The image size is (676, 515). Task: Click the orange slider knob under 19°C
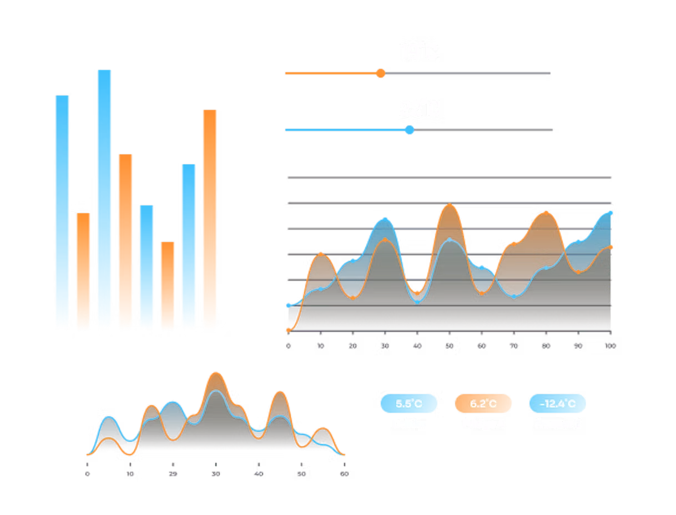[x=380, y=73]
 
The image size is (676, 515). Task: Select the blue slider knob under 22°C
[x=410, y=130]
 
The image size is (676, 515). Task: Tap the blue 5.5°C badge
[x=409, y=403]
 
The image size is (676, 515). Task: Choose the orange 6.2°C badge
[x=483, y=403]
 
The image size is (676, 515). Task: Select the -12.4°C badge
[x=558, y=403]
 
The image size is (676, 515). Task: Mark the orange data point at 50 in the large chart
[x=450, y=205]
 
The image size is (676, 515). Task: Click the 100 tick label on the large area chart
[x=611, y=345]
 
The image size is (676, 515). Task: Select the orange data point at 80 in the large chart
[x=547, y=213]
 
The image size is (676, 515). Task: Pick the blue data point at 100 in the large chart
[x=611, y=212]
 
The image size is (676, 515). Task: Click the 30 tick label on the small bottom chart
[x=216, y=474]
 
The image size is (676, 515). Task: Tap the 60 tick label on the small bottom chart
[x=344, y=474]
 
